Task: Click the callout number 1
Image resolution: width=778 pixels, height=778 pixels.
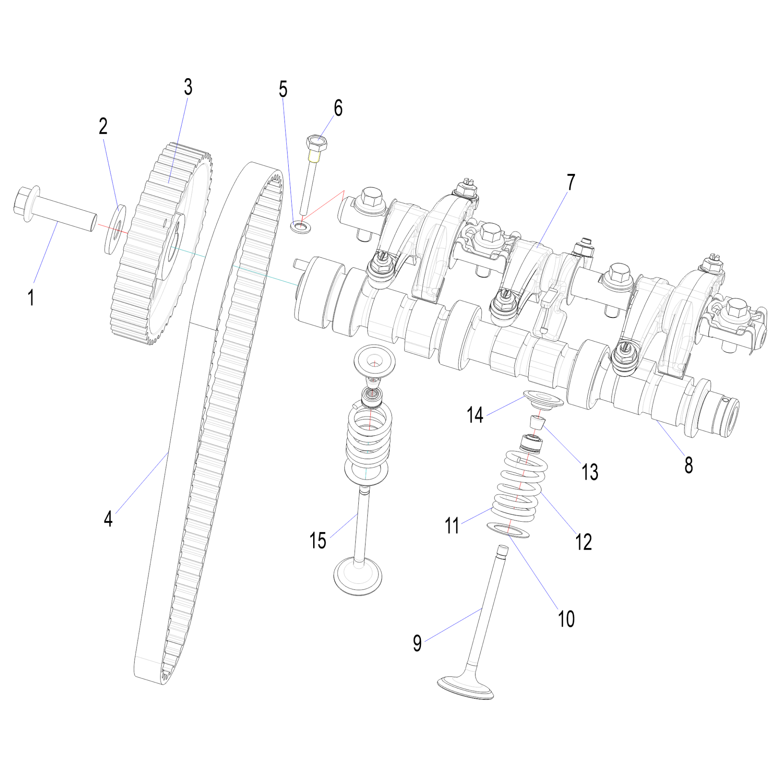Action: pos(31,298)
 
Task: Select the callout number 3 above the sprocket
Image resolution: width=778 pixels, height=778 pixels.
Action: pos(188,87)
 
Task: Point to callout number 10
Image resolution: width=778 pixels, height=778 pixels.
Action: pos(566,619)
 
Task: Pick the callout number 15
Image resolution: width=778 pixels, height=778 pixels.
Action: pos(318,540)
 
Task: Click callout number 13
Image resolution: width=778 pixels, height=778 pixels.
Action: pos(590,471)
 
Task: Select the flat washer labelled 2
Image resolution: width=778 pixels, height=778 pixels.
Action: pos(115,229)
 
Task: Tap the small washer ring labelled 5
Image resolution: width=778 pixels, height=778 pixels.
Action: pos(301,226)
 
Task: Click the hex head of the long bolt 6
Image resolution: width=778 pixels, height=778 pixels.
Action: pos(317,144)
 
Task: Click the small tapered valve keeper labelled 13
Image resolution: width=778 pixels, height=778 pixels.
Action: pos(537,422)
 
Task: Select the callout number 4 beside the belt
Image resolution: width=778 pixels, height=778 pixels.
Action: pos(108,519)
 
